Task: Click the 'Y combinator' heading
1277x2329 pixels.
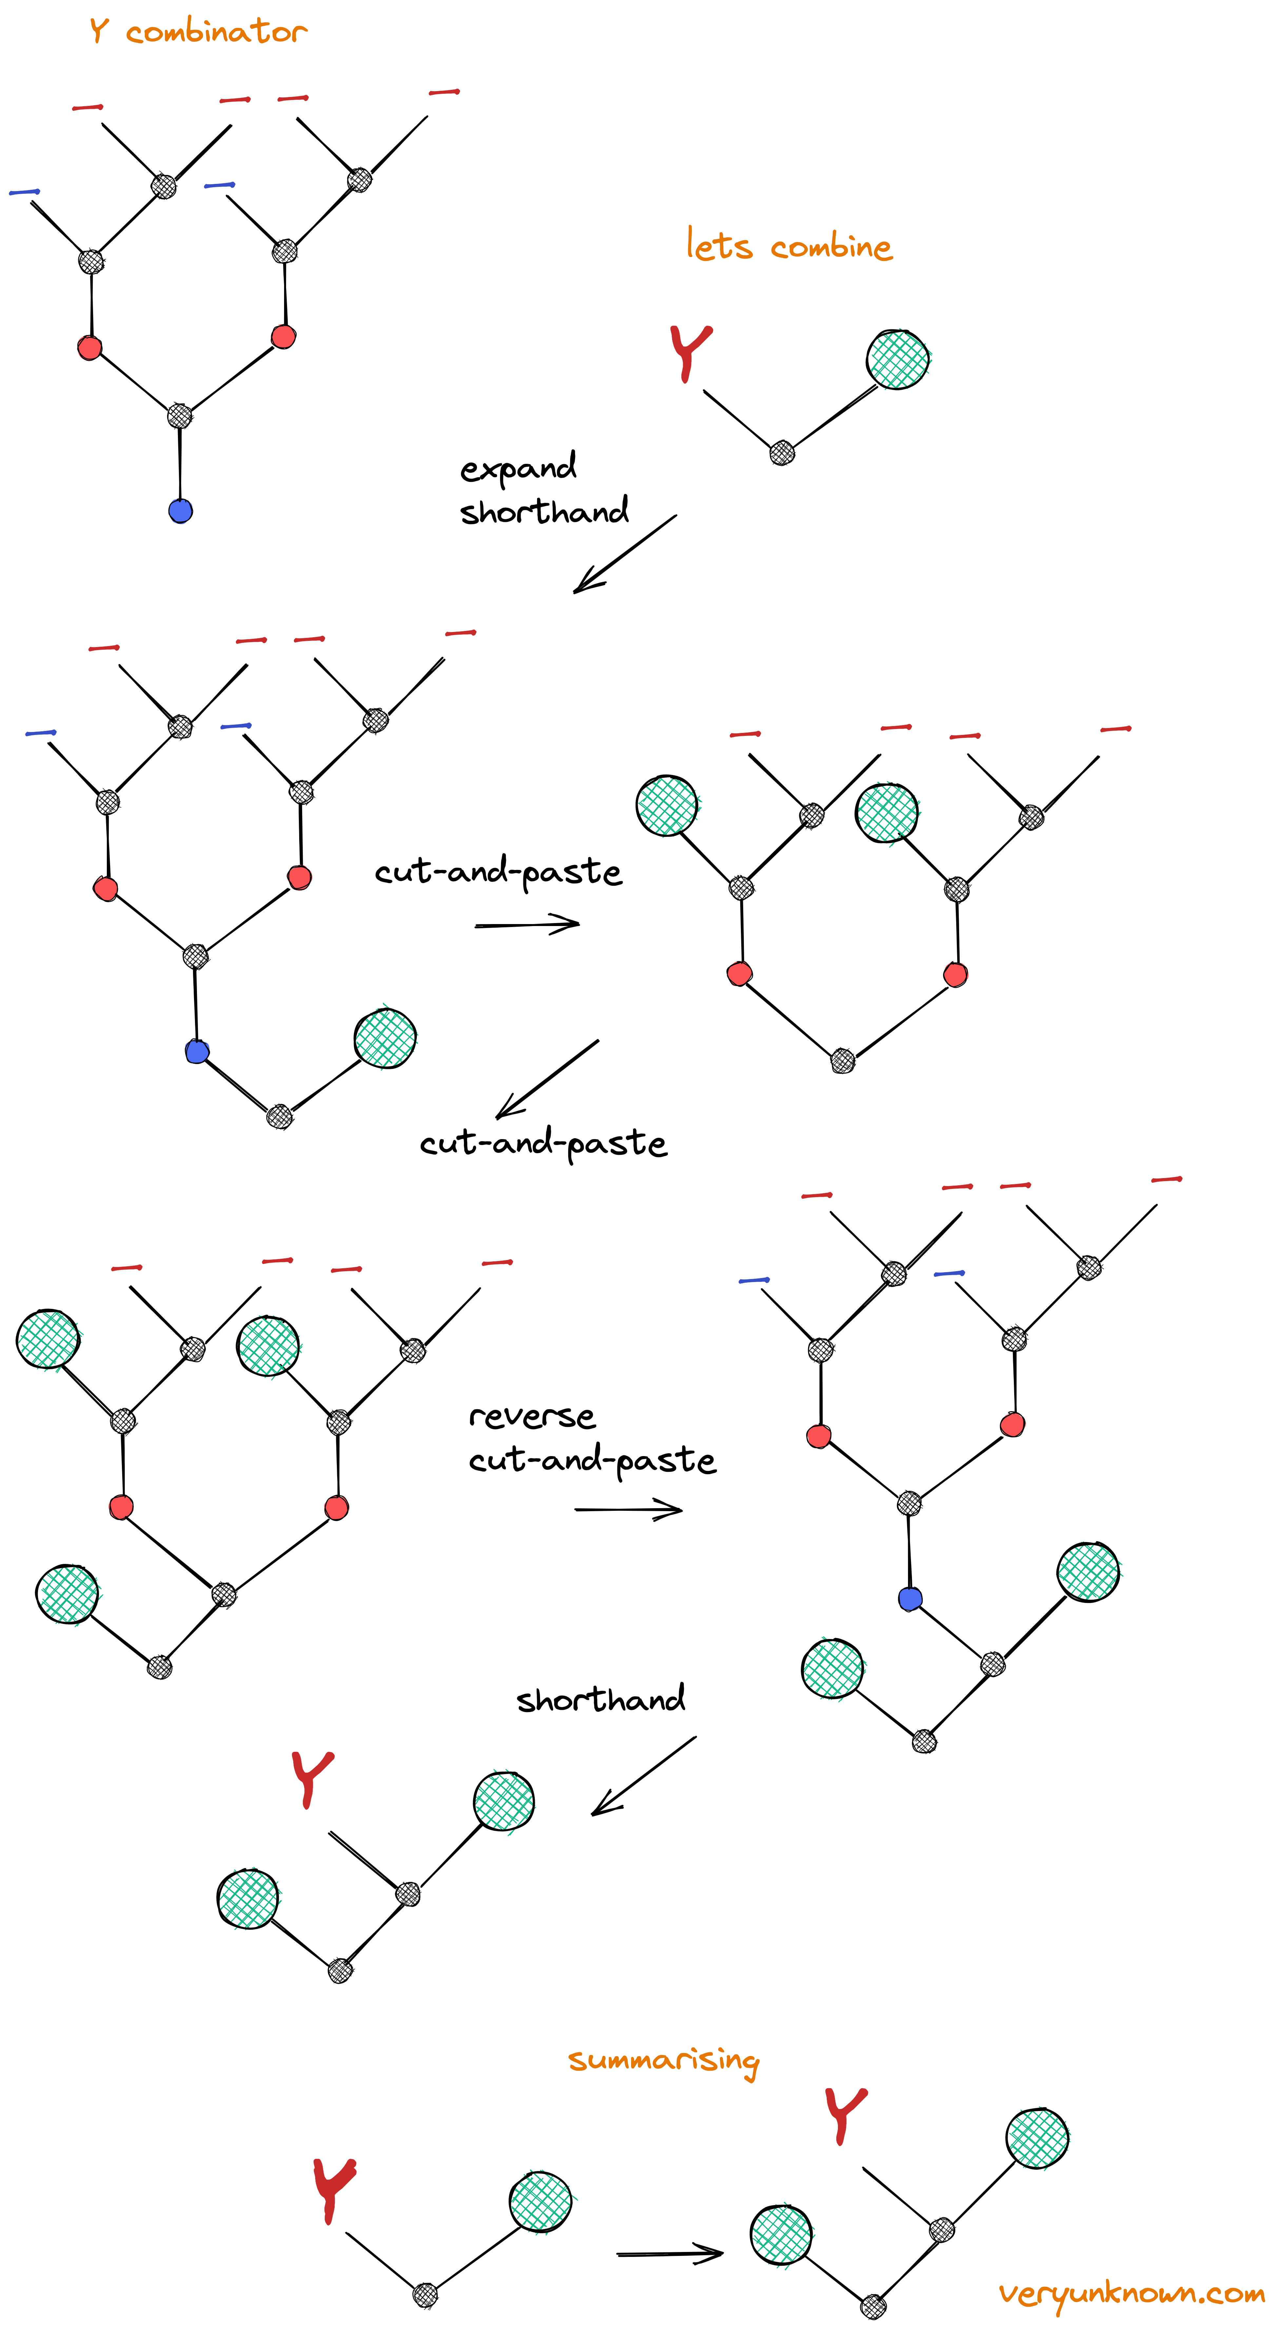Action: [x=199, y=32]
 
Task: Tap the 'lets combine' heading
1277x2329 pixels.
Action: [x=789, y=246]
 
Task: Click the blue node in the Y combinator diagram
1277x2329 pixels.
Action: [x=181, y=511]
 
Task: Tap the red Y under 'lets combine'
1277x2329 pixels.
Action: [x=690, y=353]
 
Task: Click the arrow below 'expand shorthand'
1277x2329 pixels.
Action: [x=624, y=554]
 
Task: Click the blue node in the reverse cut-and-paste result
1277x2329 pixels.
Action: [x=910, y=1598]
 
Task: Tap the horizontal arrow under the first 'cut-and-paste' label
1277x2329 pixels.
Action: [x=527, y=924]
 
